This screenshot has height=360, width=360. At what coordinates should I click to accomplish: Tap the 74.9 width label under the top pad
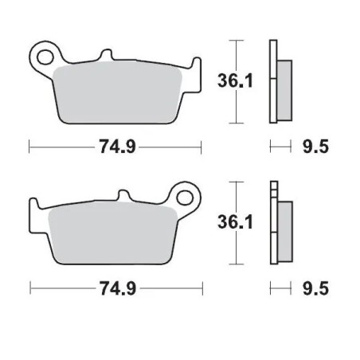(115, 147)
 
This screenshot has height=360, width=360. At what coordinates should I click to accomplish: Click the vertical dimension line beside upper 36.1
(234, 80)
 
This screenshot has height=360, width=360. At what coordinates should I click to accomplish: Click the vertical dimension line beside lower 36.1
(234, 223)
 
